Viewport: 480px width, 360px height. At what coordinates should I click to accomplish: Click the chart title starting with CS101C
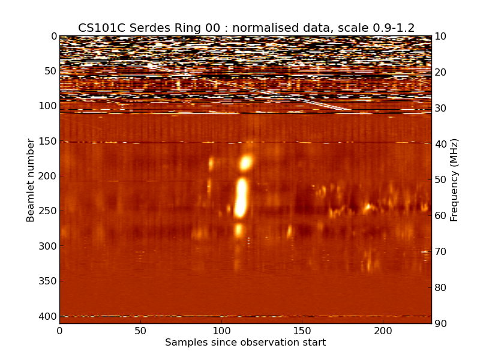tap(246, 28)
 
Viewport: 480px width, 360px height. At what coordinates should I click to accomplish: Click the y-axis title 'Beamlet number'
tap(31, 180)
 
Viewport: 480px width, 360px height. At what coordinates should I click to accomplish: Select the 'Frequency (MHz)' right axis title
tap(454, 180)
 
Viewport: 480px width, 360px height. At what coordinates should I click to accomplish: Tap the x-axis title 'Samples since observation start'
tap(245, 343)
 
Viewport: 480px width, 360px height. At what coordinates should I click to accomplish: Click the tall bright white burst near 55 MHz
tap(241, 197)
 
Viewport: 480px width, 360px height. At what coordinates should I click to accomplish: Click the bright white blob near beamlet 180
tap(245, 163)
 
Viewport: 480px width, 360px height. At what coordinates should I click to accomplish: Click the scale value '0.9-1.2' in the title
tap(391, 28)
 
